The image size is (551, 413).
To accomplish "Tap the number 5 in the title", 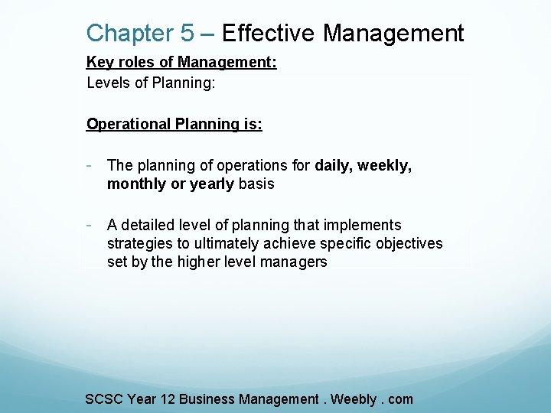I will coord(187,34).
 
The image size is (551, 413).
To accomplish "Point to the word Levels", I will coord(108,83).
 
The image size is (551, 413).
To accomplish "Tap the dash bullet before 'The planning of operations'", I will coord(90,164).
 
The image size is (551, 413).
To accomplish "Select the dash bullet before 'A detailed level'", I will coord(90,224).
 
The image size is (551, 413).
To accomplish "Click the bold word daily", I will coord(332,165).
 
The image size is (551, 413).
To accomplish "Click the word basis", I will coord(256,184).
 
